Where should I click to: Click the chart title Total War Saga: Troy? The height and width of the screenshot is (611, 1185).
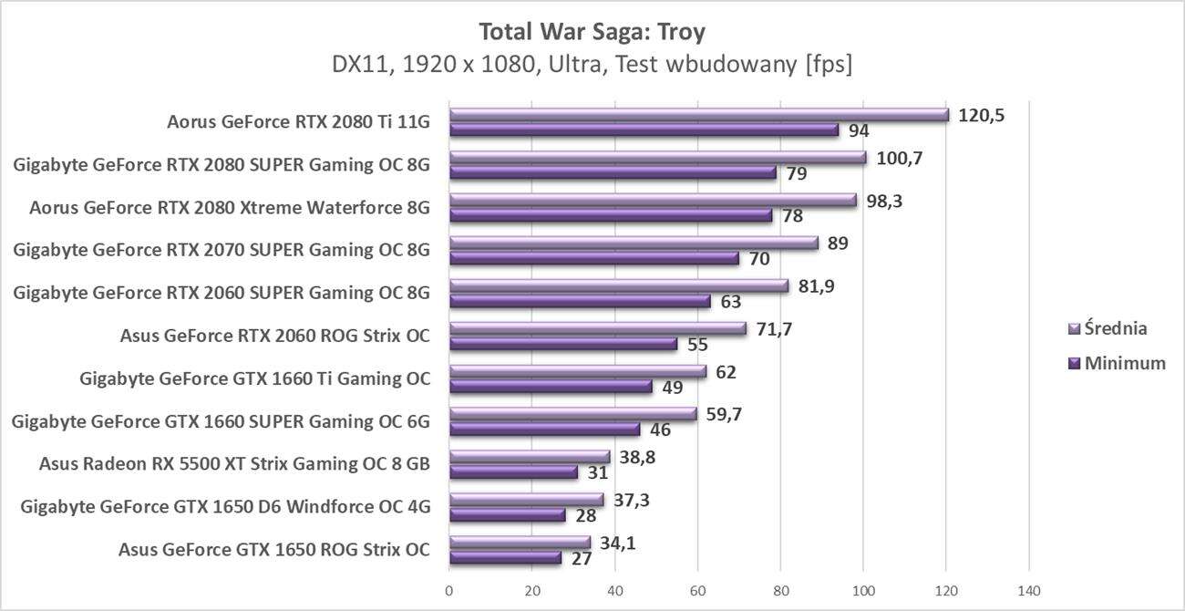[592, 32]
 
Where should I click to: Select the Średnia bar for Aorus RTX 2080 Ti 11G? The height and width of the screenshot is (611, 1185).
[698, 115]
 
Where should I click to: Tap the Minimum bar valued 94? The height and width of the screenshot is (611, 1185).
[644, 130]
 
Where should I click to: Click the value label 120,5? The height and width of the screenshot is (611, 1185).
[981, 115]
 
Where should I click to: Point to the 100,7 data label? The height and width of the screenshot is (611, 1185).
[898, 158]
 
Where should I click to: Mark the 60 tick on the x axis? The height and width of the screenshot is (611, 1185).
[697, 590]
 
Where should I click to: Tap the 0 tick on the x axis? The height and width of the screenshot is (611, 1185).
[449, 590]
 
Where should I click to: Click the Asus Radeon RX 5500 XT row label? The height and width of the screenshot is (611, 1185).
[234, 464]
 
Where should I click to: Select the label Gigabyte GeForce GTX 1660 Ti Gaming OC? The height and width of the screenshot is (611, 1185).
[254, 378]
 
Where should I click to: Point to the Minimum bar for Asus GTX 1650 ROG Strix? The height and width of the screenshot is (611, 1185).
[505, 558]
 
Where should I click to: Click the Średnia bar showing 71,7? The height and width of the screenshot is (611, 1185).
[597, 329]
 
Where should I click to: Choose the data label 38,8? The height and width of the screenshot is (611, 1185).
[637, 456]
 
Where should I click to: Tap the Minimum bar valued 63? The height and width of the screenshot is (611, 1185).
[580, 302]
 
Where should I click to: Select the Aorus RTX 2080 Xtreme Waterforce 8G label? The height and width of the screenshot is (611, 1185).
[229, 207]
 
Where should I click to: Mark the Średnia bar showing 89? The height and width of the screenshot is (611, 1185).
[634, 243]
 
